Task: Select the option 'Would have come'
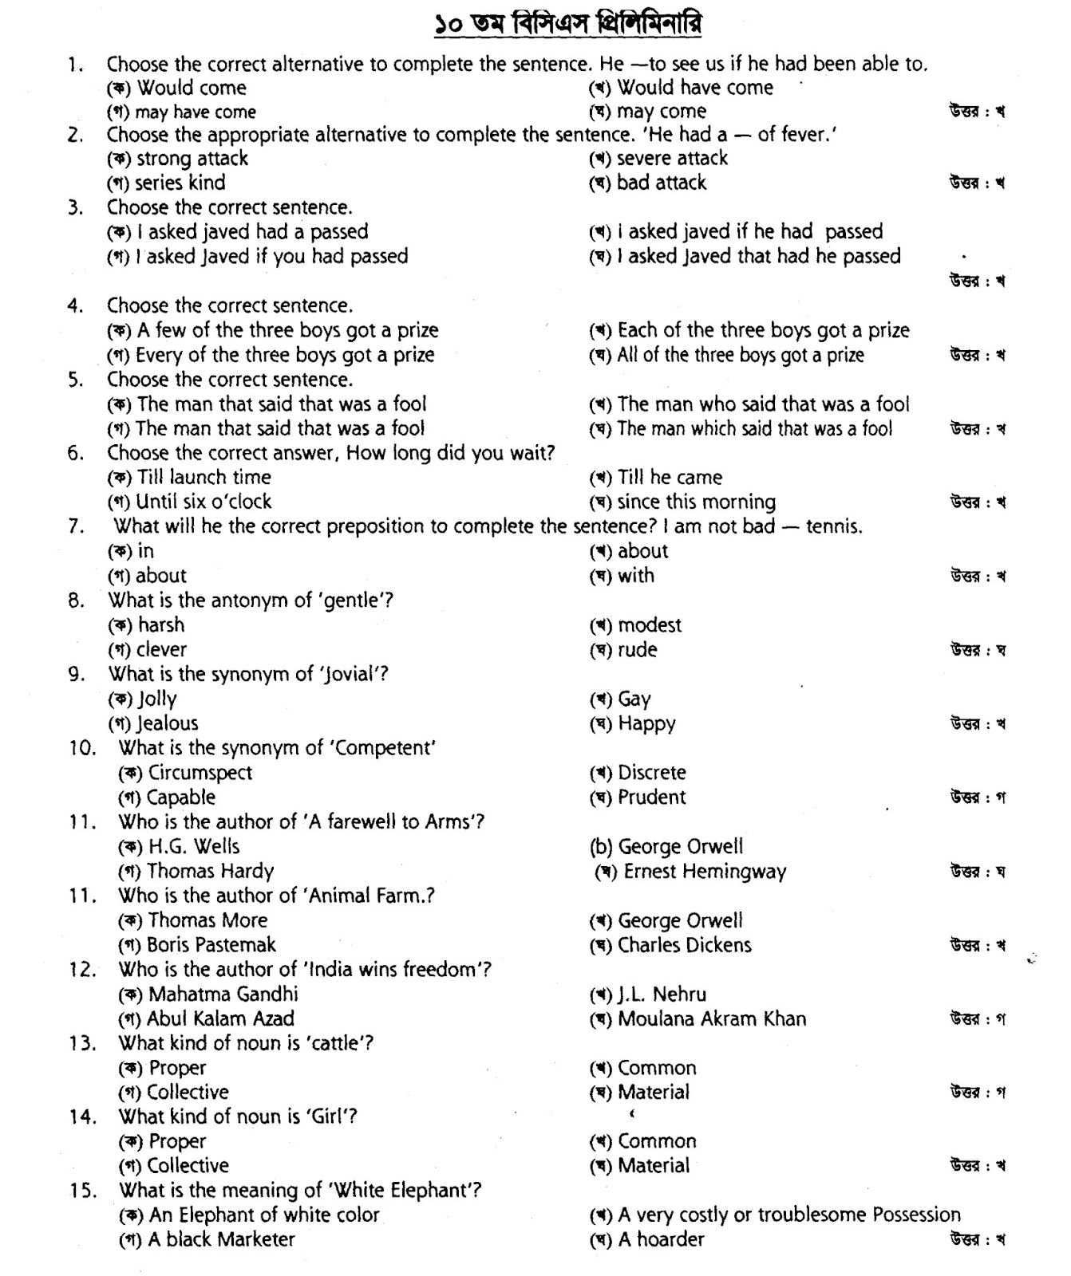pos(694,87)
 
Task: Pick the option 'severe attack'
pos(672,158)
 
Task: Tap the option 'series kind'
pos(180,183)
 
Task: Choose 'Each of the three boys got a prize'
pos(763,330)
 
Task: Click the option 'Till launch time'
pos(204,478)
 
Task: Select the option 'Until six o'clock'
pos(203,502)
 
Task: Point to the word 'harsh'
pos(160,625)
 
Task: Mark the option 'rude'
pos(637,650)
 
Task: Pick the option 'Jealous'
pos(167,723)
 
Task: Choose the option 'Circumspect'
pos(200,773)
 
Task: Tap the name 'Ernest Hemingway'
pos(705,872)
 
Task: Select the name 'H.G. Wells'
pos(194,846)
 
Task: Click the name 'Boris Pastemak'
pos(211,945)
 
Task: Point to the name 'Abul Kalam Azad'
pos(220,1018)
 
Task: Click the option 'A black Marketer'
pos(221,1239)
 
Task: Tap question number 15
pos(83,1191)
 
